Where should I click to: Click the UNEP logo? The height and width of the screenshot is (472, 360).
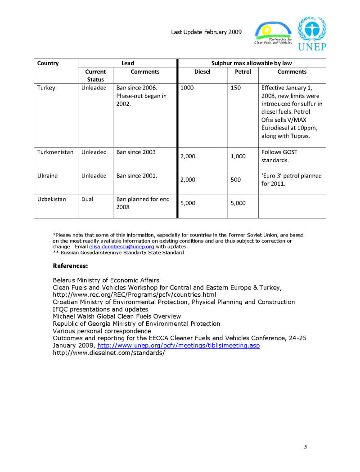pos(312,34)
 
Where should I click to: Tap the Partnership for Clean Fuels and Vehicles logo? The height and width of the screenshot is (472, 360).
pos(273,34)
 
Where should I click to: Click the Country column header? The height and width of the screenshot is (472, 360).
pos(48,63)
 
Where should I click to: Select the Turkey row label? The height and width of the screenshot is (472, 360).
pos(46,88)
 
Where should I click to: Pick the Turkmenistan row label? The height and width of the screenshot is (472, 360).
pos(55,152)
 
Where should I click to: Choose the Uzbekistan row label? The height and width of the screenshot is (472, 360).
pos(52,199)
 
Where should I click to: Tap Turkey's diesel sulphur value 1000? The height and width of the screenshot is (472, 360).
pos(187,88)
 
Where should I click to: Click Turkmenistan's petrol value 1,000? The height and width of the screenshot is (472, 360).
pos(238,156)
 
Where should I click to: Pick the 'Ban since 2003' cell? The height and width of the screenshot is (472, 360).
pos(136,152)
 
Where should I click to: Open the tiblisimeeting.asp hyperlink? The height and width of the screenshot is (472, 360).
pos(179,345)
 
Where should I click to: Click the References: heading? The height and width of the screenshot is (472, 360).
pos(70,266)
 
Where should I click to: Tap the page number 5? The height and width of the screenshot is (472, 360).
pos(306,447)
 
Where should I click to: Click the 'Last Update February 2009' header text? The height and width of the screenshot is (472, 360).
pos(207,32)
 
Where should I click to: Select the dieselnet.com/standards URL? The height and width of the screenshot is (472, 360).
pos(109,352)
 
